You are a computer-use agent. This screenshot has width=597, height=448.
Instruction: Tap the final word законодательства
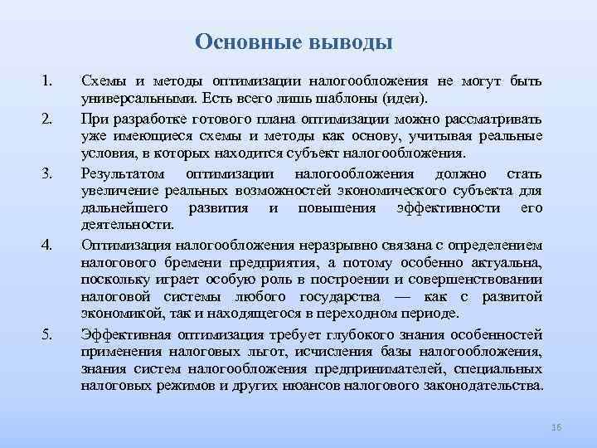coord(484,386)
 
